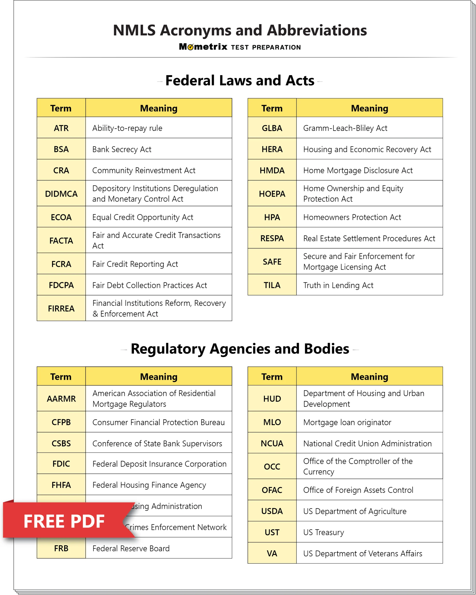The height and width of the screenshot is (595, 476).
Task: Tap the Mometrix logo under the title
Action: tap(203, 47)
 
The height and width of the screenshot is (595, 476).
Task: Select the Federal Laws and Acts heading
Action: tap(240, 81)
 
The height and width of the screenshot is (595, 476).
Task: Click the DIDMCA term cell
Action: tap(61, 194)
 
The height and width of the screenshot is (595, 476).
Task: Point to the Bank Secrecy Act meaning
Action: tap(122, 149)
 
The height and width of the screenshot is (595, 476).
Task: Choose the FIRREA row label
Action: tap(61, 308)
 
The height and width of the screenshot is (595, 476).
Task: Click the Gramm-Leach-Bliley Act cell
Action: tap(345, 128)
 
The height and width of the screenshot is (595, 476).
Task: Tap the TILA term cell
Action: tap(272, 285)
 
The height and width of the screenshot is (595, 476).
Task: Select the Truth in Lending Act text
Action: tap(338, 285)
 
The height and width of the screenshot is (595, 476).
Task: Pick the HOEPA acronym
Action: tap(272, 194)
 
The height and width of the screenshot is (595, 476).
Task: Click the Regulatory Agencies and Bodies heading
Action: tap(240, 349)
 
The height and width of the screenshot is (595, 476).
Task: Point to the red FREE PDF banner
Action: tap(64, 521)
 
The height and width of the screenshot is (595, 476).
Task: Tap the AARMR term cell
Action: tap(61, 399)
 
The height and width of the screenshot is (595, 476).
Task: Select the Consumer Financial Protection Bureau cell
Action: tap(159, 422)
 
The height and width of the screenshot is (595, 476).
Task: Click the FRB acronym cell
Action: tap(61, 548)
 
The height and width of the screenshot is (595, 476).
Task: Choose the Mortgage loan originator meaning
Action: tap(347, 422)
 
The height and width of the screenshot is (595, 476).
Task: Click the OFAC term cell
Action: tap(272, 490)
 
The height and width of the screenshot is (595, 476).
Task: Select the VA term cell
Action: tap(272, 553)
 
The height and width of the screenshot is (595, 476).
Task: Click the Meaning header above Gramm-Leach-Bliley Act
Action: tap(369, 108)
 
